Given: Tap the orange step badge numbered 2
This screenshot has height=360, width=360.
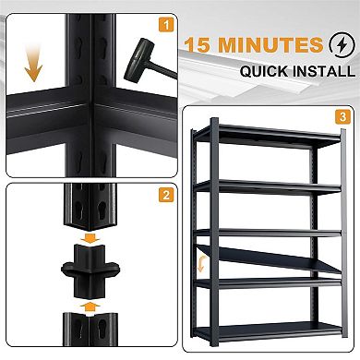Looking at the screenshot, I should click(163, 195).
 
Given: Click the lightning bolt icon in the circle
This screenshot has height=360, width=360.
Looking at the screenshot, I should click(340, 45).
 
